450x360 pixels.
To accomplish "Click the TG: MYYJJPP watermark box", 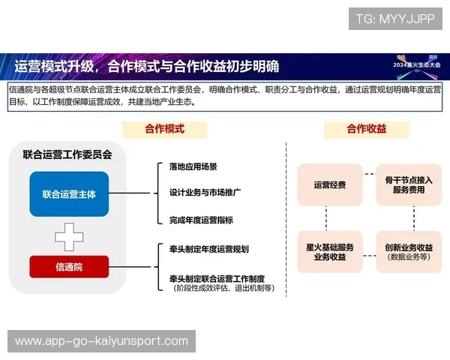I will click(395, 19).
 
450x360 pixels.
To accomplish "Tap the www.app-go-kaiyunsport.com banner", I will click(102, 341).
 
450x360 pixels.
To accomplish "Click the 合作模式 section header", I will click(164, 129).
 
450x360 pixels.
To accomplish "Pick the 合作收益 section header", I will click(366, 129).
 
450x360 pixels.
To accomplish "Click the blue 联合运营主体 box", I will click(69, 194).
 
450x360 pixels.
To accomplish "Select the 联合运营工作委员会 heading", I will click(67, 155).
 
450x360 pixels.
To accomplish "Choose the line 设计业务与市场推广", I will click(205, 193).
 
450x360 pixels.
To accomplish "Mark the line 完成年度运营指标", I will click(200, 220).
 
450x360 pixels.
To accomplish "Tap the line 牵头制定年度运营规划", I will click(208, 249).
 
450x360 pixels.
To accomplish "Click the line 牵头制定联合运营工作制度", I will click(217, 277).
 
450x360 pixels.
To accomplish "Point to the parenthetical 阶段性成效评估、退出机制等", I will click(223, 288).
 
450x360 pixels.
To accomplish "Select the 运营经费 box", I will click(329, 184).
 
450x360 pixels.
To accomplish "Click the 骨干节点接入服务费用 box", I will click(409, 184).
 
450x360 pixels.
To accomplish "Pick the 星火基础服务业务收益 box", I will click(329, 251).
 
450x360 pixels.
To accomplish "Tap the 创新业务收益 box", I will click(409, 251).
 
